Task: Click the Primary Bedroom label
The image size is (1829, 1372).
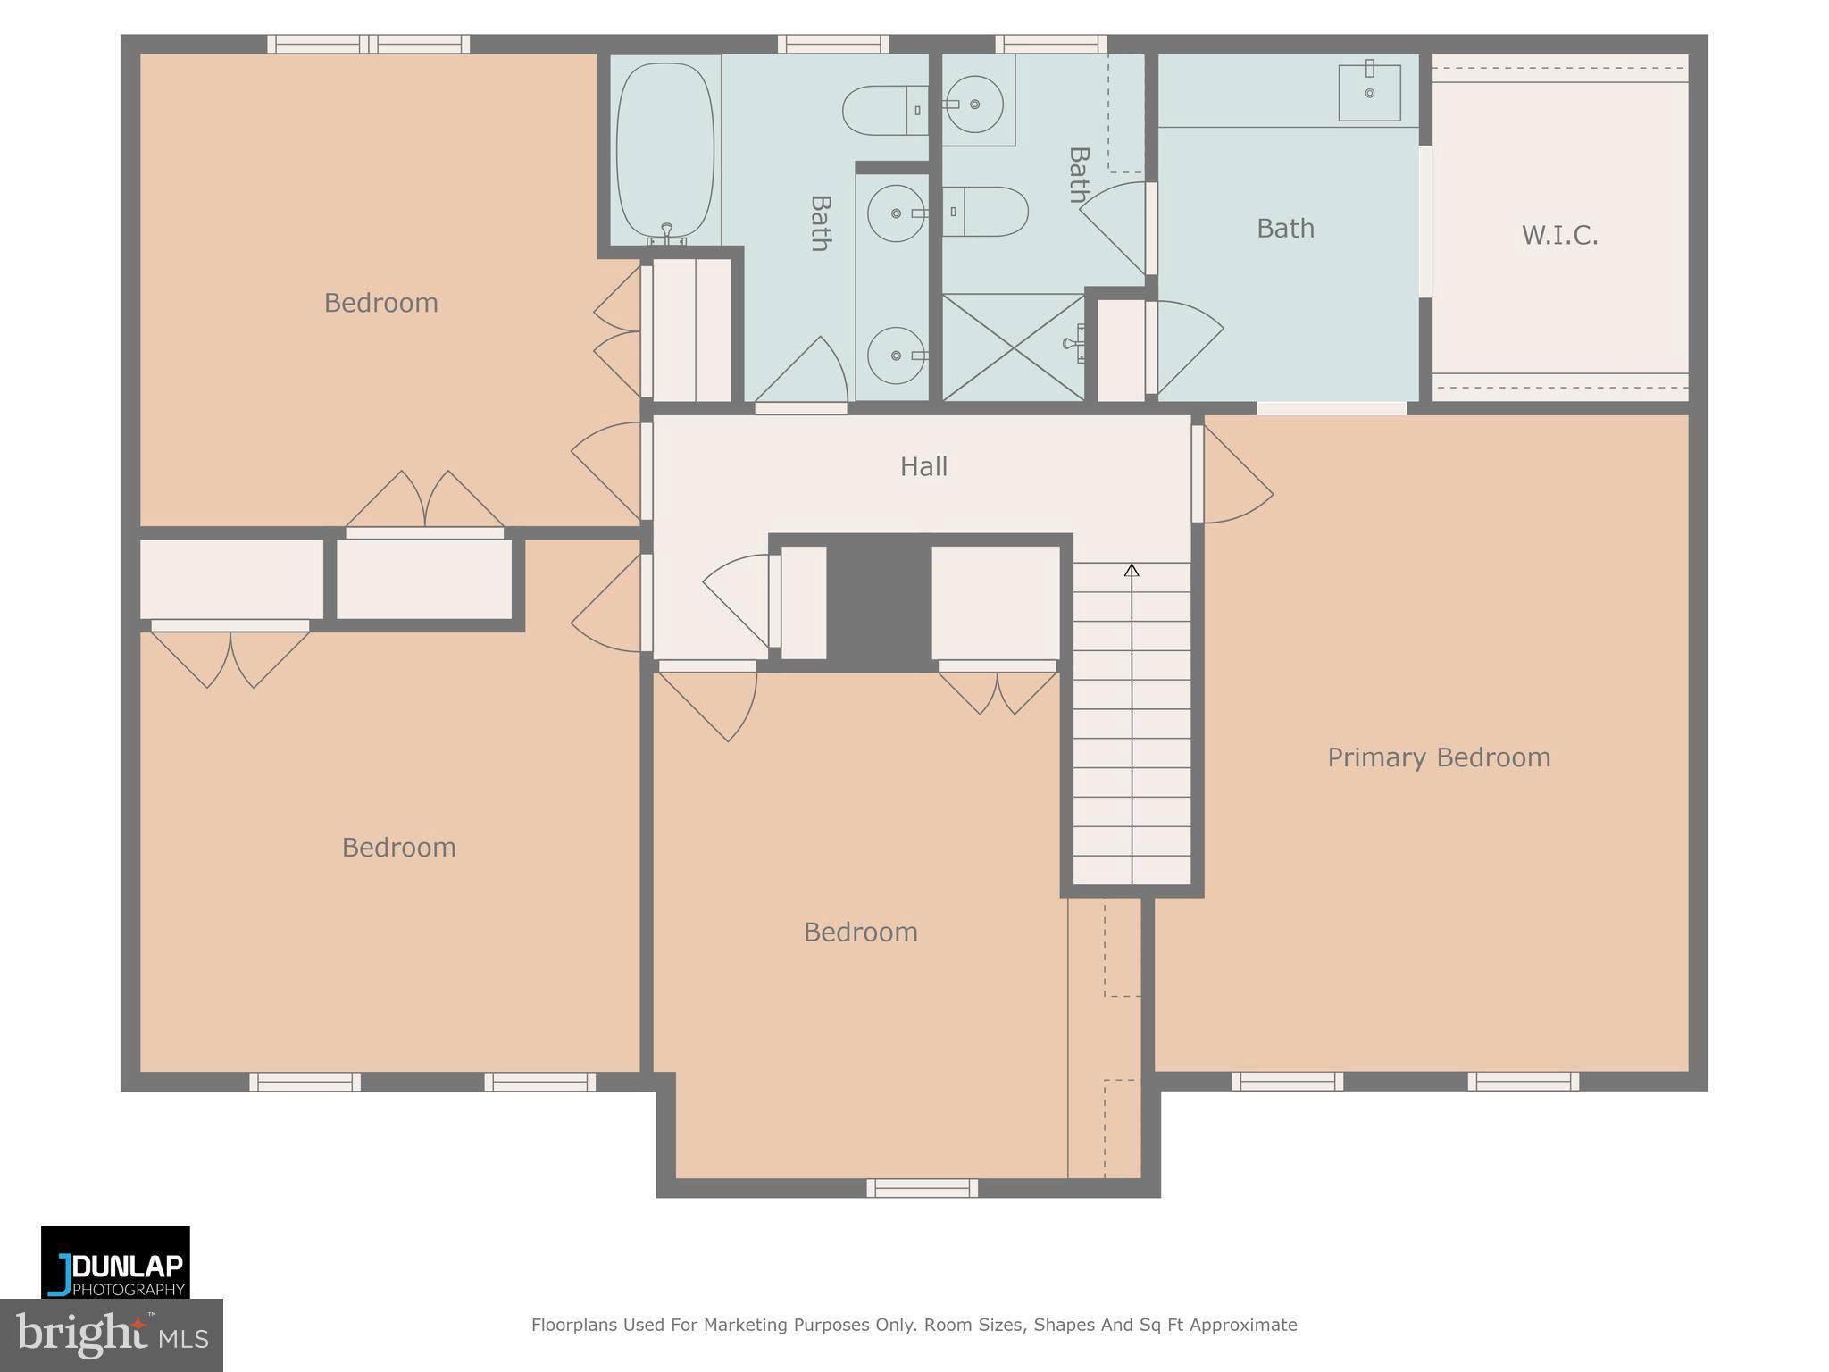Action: (x=1438, y=757)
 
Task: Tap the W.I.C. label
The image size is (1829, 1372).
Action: (x=1559, y=236)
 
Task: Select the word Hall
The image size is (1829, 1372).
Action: (x=923, y=466)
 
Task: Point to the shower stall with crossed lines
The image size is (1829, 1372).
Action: (x=1013, y=347)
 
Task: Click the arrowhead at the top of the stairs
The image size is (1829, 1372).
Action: (x=1132, y=570)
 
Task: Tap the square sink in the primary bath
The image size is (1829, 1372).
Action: (x=1368, y=92)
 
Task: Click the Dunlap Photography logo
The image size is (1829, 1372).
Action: (x=115, y=1262)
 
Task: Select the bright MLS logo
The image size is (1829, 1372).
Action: (x=111, y=1334)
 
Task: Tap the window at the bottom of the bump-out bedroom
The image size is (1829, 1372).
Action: (x=922, y=1187)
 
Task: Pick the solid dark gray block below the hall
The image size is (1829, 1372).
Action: (x=878, y=602)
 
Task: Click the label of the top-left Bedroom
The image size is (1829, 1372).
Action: (x=380, y=304)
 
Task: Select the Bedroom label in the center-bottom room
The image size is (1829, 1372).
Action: (x=860, y=933)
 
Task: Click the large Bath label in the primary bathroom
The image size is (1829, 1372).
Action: (x=1285, y=229)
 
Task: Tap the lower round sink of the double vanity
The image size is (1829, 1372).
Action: (x=896, y=356)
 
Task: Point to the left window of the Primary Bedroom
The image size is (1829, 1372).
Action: (x=1287, y=1082)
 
